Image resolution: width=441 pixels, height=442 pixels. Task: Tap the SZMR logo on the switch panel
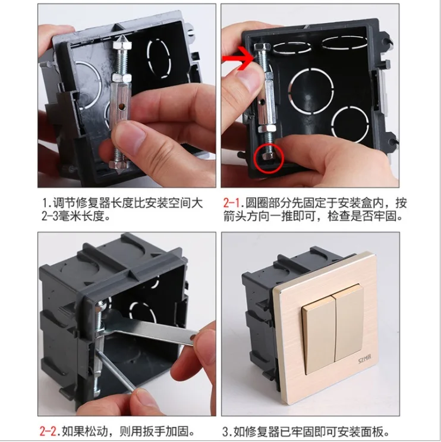tap(365, 359)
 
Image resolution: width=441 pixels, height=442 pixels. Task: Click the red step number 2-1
tap(232, 203)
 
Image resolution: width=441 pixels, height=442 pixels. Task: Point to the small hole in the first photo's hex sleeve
tap(122, 107)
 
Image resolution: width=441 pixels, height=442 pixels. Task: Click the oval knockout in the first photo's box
tap(159, 58)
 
